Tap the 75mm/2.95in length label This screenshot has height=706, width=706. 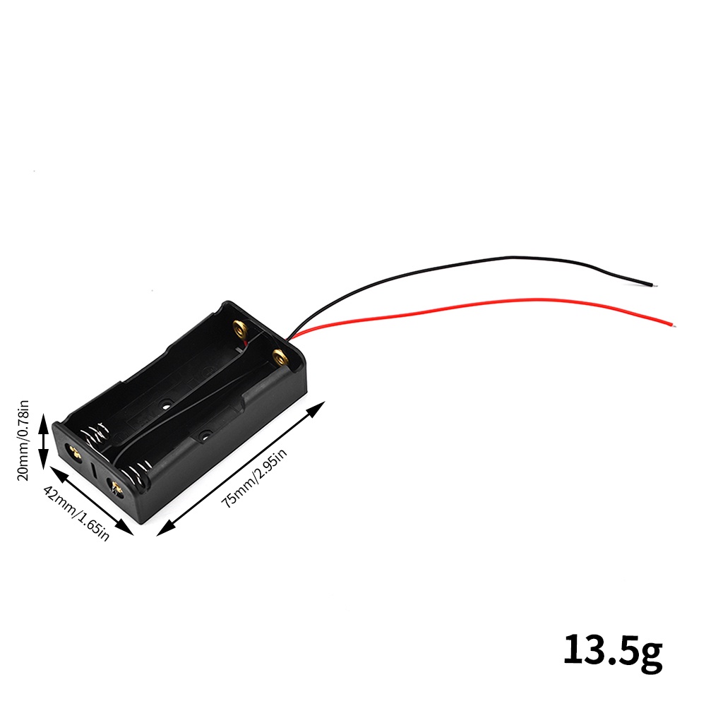[x=255, y=478]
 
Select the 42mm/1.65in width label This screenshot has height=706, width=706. [x=76, y=513]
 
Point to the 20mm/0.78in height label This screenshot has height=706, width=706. [x=23, y=440]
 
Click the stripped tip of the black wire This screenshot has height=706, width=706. [x=655, y=286]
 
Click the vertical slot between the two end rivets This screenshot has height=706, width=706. [x=93, y=469]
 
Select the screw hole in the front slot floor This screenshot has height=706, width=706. [x=205, y=437]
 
